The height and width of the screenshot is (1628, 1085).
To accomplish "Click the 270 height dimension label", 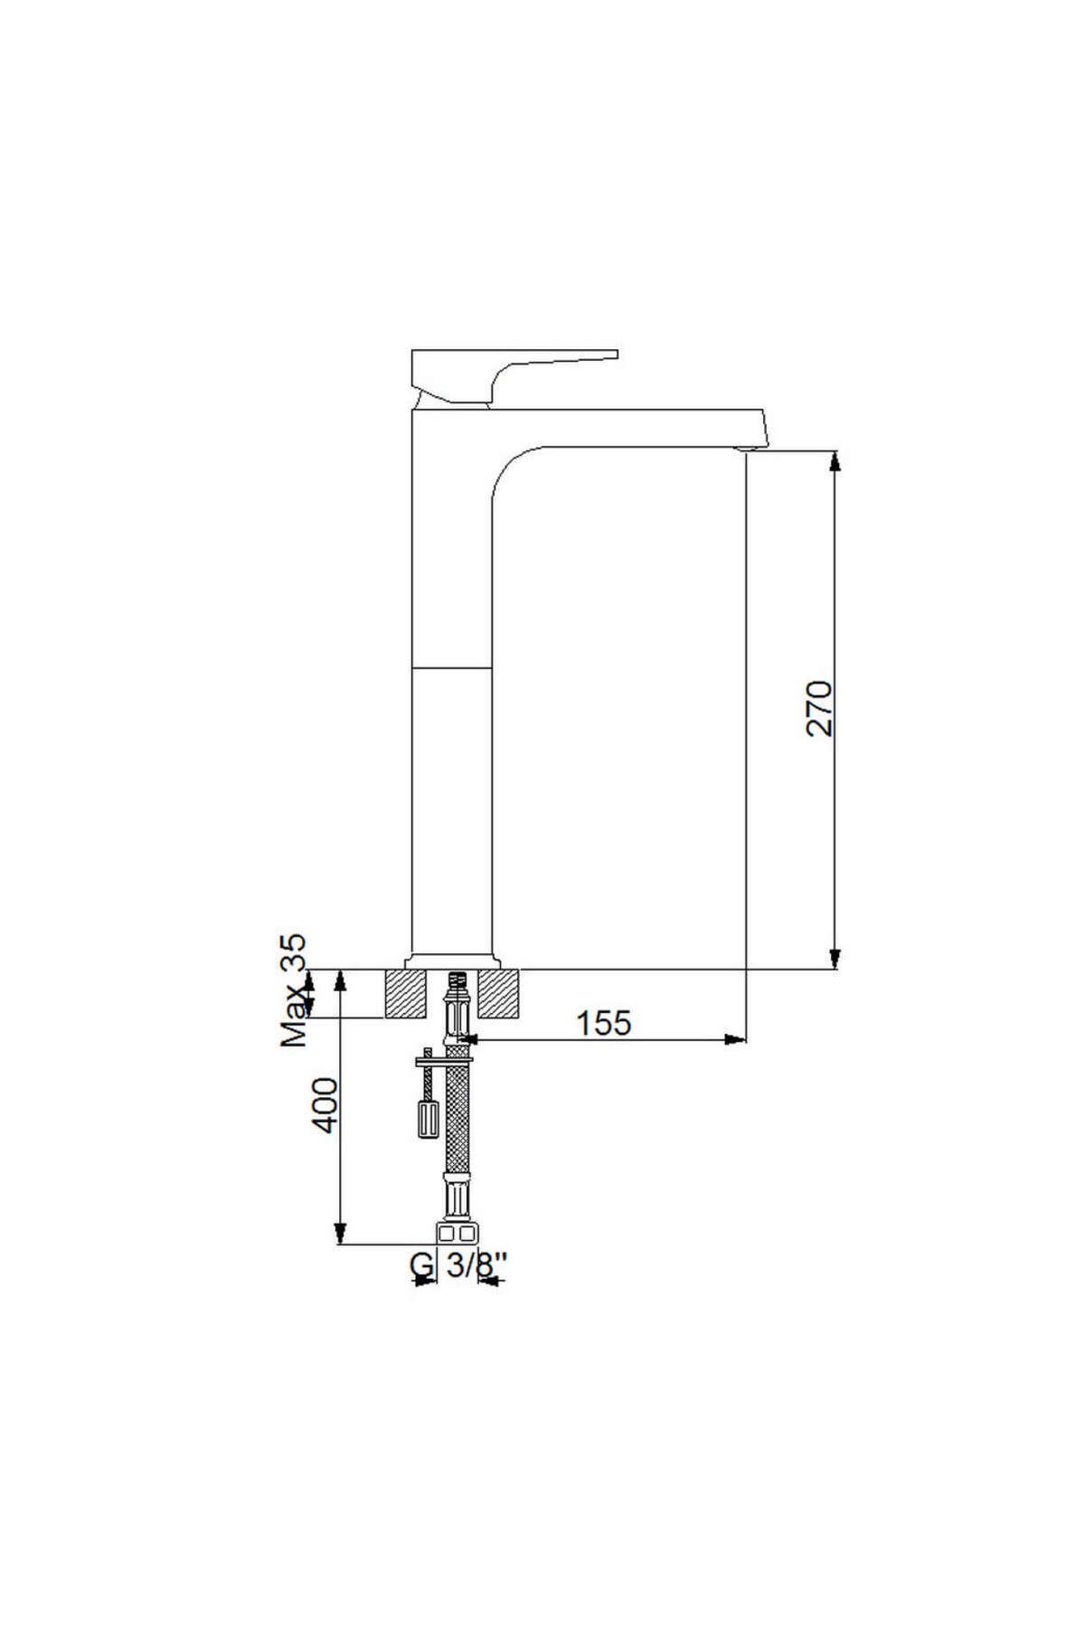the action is click(x=820, y=707).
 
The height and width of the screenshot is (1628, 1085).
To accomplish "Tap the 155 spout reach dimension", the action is click(x=604, y=1023).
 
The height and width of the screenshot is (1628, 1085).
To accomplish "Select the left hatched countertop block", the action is click(x=406, y=993).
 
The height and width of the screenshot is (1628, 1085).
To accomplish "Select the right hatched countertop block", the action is click(x=500, y=993).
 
